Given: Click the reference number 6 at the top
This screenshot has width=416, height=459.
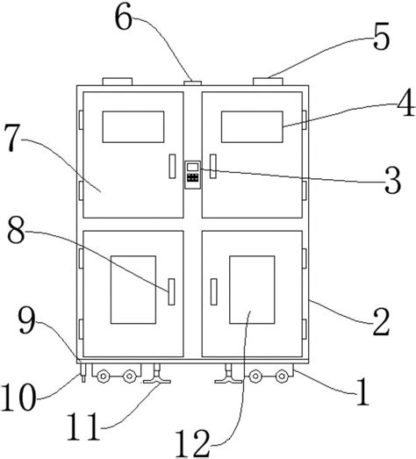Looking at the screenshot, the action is (124, 19).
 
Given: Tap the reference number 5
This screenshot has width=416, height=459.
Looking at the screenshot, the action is (381, 37).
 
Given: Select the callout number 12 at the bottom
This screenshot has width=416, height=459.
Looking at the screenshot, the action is (193, 443).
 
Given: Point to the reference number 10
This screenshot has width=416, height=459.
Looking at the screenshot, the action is (18, 398).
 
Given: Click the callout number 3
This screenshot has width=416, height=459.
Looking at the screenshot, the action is (392, 181).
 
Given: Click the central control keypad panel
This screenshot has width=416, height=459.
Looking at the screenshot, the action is (193, 175).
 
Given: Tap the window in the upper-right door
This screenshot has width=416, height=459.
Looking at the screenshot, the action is (252, 126).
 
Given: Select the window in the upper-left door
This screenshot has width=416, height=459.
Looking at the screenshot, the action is (133, 126).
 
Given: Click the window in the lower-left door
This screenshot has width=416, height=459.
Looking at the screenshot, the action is (133, 290).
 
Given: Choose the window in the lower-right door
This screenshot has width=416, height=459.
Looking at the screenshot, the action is (252, 290).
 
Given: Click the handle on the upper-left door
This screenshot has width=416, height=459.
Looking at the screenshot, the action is (172, 166).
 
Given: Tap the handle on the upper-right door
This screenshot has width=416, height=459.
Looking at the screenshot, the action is (213, 166).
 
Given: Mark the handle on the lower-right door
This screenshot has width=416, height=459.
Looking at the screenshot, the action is (214, 292).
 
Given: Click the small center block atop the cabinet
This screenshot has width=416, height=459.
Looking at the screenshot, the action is (192, 83).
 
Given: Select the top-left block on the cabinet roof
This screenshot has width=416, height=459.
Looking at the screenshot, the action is (117, 82).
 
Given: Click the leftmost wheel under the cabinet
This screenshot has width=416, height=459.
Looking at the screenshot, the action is (103, 377).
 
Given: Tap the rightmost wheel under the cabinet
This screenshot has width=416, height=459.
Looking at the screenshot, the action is (282, 377).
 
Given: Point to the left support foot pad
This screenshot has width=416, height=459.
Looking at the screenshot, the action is (157, 381).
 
